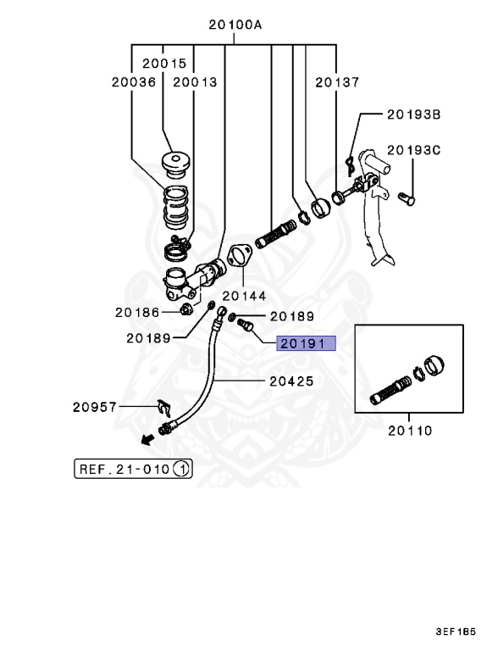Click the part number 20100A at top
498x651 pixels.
point(235,25)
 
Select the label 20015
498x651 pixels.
point(165,64)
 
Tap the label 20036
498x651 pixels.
point(134,82)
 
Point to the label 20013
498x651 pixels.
point(195,82)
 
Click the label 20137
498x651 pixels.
point(337,82)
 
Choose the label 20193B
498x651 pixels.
point(414,114)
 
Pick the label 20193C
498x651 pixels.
point(414,150)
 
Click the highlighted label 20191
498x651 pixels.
point(306,343)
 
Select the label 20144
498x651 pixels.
point(244,296)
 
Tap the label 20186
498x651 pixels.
point(137,312)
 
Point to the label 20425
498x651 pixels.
point(291,381)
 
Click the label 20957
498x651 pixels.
point(95,407)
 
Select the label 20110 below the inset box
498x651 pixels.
point(410,431)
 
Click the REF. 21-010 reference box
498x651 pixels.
point(133,469)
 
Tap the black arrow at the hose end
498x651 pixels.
point(147,439)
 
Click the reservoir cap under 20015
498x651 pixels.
point(175,164)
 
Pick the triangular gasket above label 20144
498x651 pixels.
point(240,256)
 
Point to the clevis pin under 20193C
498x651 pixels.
point(407,199)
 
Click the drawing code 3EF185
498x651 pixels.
point(456,632)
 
